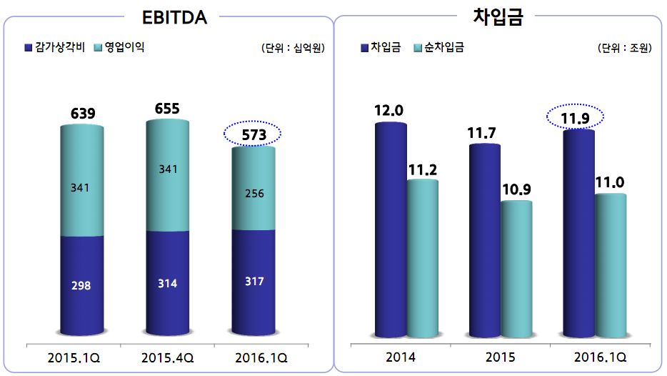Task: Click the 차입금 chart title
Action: point(498,17)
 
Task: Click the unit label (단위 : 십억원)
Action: point(294,49)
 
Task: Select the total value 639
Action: point(83,113)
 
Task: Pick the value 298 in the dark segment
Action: point(82,285)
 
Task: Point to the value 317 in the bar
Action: point(253,282)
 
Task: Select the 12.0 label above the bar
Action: point(388,110)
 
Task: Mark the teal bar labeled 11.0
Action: point(611,264)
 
